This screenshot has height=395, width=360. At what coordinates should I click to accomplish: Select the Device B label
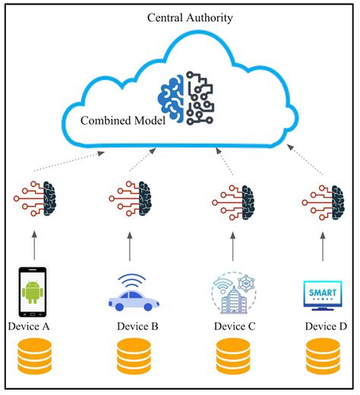click(x=137, y=327)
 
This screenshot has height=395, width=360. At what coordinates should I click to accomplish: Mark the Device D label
click(x=326, y=327)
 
